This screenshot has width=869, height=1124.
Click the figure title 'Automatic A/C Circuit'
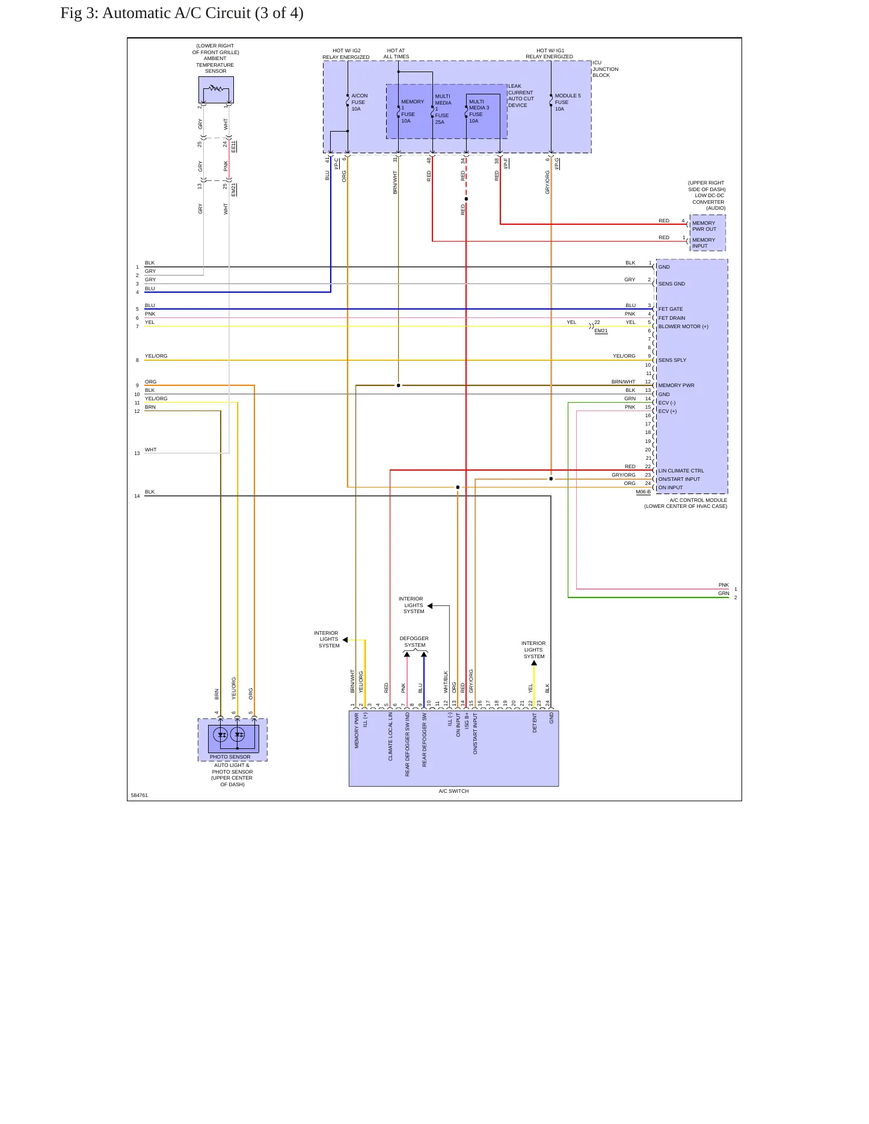point(176,13)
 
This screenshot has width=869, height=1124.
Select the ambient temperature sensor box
point(216,90)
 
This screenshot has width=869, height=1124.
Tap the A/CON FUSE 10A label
point(359,102)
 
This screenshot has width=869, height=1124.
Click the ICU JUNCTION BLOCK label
point(605,69)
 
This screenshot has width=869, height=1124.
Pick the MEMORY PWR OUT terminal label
point(704,226)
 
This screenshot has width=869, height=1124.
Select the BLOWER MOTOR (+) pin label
point(683,327)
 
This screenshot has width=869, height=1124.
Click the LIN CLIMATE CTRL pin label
point(681,471)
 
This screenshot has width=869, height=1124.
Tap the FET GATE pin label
point(671,310)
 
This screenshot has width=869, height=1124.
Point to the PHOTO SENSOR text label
point(230,757)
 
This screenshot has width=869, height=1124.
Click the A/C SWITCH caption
point(453,791)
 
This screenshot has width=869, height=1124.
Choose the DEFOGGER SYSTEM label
point(414,642)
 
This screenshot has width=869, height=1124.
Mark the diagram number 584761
point(140,795)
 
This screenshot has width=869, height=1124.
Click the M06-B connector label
point(643,492)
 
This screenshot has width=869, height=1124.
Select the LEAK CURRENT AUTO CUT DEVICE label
point(521,96)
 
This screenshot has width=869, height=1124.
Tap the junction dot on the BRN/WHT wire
point(398,385)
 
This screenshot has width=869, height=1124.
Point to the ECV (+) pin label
point(668,412)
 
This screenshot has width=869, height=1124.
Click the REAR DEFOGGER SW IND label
point(407,744)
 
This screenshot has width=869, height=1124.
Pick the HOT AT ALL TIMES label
point(396,54)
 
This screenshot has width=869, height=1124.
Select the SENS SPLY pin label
point(672,361)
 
